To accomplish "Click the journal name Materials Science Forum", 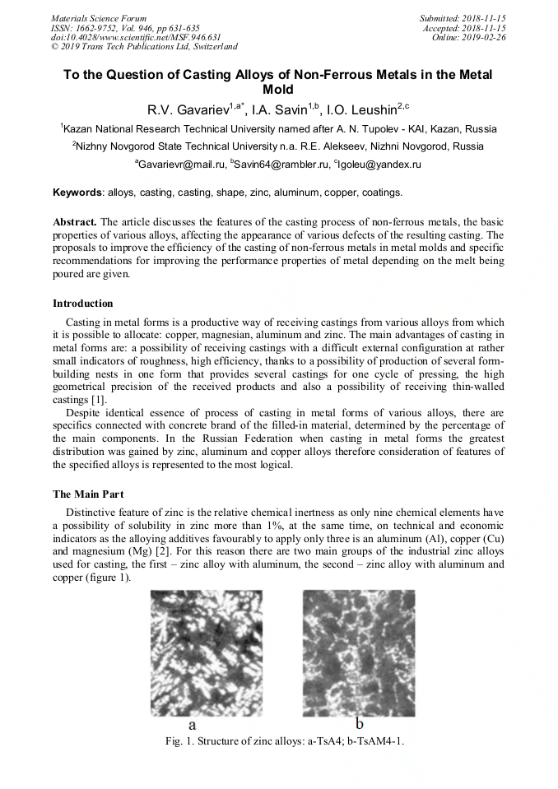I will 99,18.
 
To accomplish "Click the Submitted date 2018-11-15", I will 463,18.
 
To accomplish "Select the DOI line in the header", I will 136,37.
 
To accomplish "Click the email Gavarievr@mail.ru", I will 181,165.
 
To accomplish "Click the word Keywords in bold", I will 77,193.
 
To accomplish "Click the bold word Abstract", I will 74,223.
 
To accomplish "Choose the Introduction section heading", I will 82,304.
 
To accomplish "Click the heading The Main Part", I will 88,494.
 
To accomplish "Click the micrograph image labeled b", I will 358,652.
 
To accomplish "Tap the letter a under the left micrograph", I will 192,725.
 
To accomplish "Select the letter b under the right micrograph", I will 360,724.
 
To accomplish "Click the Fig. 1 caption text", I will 284,741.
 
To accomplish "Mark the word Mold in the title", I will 278,89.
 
